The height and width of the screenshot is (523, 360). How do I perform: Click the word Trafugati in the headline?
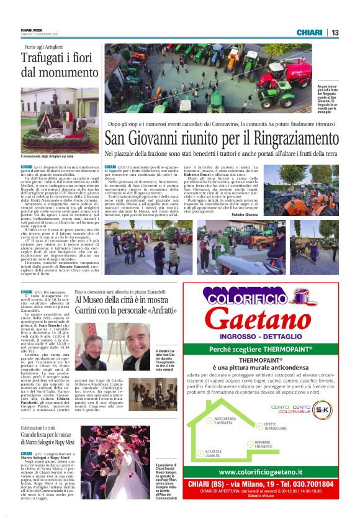[x=46, y=58]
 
